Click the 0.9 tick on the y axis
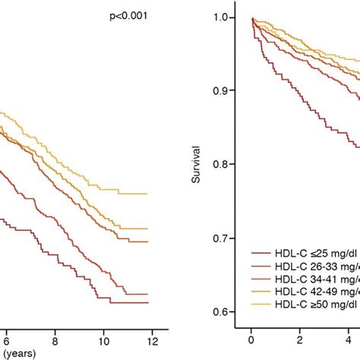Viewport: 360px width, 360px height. [226, 91]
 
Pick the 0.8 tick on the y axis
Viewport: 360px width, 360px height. [226, 165]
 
